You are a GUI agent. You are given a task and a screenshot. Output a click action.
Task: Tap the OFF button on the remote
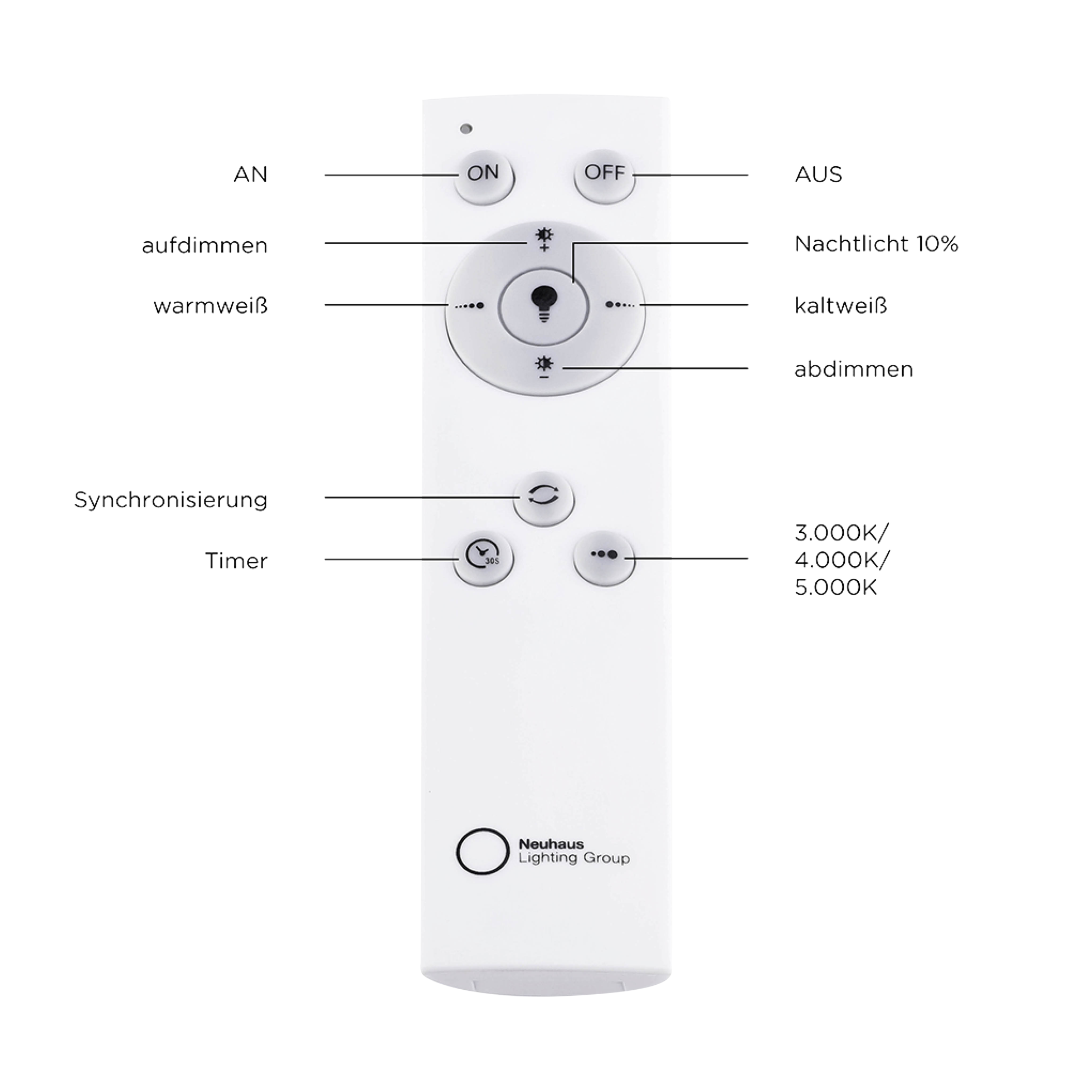click(605, 176)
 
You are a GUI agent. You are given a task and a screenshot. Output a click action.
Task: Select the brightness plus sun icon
click(544, 239)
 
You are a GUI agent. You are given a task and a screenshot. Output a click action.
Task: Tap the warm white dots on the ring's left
click(469, 306)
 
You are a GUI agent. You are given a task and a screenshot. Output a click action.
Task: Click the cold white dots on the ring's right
click(620, 305)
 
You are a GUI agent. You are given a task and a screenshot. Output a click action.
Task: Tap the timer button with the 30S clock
click(483, 557)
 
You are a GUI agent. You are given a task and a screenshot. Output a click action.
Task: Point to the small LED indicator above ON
click(466, 129)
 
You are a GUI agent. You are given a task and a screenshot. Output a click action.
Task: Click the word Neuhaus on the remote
click(551, 844)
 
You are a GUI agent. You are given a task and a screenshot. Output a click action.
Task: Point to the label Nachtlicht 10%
click(876, 244)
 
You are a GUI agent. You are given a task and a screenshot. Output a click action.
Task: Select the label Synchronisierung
click(171, 500)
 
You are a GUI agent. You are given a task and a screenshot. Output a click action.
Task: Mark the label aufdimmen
click(205, 245)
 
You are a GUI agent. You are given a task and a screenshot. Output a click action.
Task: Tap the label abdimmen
click(853, 369)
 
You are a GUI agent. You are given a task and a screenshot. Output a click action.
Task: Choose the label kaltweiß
click(840, 305)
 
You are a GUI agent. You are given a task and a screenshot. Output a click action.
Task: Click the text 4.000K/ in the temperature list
click(842, 559)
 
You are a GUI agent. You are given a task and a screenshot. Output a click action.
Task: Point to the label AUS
click(818, 174)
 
